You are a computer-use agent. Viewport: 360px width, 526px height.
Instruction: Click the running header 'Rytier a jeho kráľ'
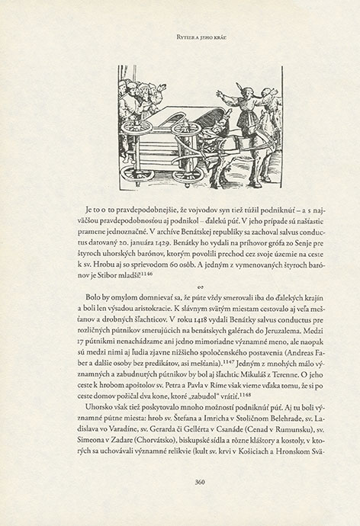pyautogui.click(x=180, y=33)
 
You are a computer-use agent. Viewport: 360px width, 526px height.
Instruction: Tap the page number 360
pyautogui.click(x=180, y=481)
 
